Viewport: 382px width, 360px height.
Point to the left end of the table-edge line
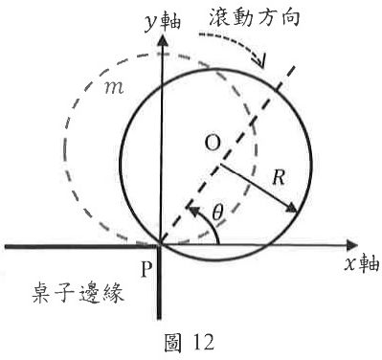4,246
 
